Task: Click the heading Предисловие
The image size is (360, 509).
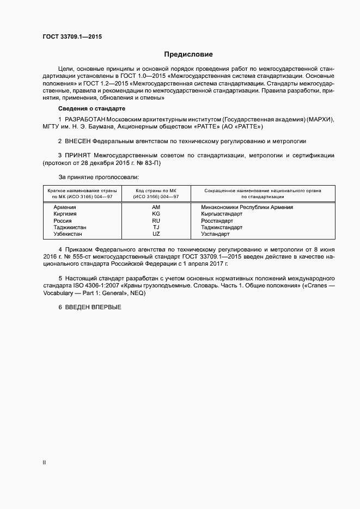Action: [x=188, y=54]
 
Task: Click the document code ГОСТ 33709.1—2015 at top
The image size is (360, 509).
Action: [x=72, y=37]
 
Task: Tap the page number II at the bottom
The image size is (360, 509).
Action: [x=45, y=463]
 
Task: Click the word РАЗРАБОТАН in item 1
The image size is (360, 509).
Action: [x=84, y=119]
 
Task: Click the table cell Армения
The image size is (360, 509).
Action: [x=65, y=207]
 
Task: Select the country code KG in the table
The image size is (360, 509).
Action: [x=156, y=214]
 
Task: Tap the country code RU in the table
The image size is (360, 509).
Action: [x=156, y=220]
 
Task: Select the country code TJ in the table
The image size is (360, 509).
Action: [x=156, y=227]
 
